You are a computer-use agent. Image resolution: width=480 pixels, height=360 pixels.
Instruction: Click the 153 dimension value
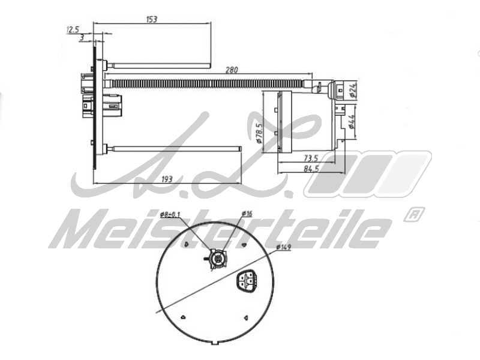(x=151, y=19)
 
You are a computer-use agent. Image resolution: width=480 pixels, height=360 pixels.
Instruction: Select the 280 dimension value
(x=231, y=70)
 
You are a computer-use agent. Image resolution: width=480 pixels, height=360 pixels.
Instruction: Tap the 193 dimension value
(x=167, y=179)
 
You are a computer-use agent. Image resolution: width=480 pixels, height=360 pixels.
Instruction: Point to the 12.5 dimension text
(x=73, y=29)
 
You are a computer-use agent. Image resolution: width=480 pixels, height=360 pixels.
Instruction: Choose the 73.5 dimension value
(x=310, y=158)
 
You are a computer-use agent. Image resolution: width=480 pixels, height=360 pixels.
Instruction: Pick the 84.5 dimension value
(x=310, y=169)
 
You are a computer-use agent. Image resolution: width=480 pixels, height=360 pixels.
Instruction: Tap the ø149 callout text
(x=284, y=247)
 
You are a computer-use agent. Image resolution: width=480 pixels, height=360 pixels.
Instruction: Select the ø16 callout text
(x=247, y=214)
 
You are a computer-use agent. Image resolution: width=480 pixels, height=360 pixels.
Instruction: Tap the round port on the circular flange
(x=217, y=259)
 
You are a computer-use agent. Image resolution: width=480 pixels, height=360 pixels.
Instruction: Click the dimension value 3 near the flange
(x=82, y=38)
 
